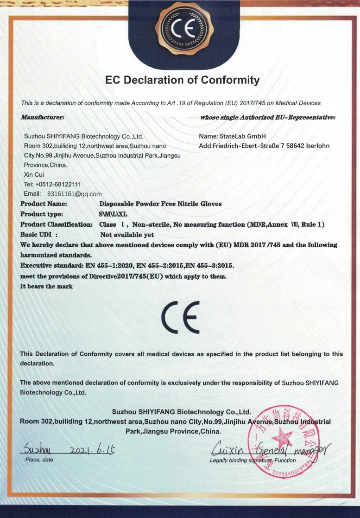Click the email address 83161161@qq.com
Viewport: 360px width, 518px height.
75,194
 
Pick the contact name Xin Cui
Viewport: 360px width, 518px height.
32,175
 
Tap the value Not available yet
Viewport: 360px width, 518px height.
127,235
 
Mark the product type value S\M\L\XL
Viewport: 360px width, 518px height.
113,214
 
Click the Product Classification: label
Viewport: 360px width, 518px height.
57,224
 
